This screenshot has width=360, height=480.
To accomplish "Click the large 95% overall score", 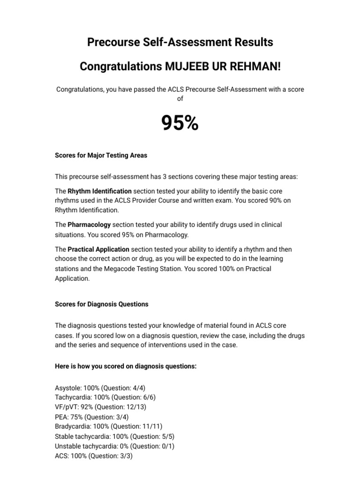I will pos(180,124).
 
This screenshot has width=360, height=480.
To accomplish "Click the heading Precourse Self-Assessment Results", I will pos(180,43).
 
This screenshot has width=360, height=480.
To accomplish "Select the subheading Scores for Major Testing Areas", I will pos(101,155).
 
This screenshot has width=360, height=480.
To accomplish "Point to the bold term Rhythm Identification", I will pos(99,191).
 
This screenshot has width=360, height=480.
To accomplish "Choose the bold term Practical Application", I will pos(98,249).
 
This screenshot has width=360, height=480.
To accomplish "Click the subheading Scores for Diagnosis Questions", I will pos(102,304).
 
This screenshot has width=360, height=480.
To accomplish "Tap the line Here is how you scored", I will pos(126,366).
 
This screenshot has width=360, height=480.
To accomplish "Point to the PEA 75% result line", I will pos(91,417).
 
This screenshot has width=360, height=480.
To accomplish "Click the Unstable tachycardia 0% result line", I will pos(114,446).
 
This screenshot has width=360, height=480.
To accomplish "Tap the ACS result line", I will pos(94,456).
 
